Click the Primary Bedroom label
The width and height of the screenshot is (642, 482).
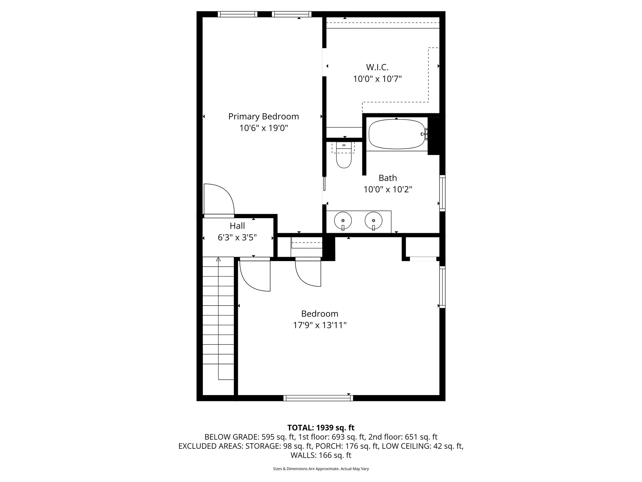[x=263, y=116]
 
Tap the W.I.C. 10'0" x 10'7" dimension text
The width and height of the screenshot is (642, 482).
[x=377, y=79]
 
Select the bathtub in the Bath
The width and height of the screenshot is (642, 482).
[x=397, y=134]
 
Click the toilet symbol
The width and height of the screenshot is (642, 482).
[x=344, y=158]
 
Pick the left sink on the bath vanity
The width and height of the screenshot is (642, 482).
[x=343, y=221]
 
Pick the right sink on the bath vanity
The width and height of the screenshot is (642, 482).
[x=373, y=221]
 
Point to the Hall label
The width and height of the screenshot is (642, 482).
[x=237, y=226]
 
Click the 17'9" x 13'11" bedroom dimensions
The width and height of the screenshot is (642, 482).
[x=320, y=325]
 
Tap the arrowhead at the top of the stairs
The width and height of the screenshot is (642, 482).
[x=218, y=259]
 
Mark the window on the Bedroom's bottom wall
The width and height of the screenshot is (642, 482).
[x=318, y=398]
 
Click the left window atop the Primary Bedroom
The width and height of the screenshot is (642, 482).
[x=237, y=14]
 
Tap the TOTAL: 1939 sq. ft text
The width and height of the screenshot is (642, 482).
[x=321, y=427]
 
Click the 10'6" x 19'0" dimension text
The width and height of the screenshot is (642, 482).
[x=263, y=128]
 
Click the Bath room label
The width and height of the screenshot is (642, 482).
[x=388, y=178]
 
